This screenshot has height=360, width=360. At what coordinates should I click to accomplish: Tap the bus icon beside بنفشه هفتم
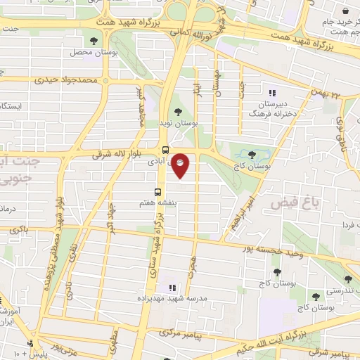pos(158,191)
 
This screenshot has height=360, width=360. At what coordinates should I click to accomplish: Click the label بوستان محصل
pos(86,52)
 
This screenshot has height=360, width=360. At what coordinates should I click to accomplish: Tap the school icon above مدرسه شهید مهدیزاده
pos(171,287)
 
